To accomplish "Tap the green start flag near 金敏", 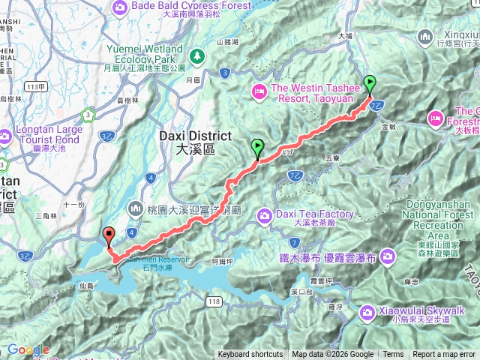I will [370, 83].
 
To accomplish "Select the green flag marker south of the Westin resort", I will [258, 147].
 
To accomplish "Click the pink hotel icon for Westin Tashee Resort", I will [259, 91].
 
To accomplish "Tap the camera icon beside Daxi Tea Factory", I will [264, 217].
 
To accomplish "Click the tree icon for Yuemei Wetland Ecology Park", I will [197, 55].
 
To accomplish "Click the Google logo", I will [28, 349].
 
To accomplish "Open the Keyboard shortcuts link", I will [250, 355].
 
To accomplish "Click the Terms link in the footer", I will [393, 355].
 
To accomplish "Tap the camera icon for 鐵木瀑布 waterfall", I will [388, 256].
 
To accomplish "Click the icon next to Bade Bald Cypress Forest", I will [120, 7].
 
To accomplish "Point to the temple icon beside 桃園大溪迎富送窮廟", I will [136, 207].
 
